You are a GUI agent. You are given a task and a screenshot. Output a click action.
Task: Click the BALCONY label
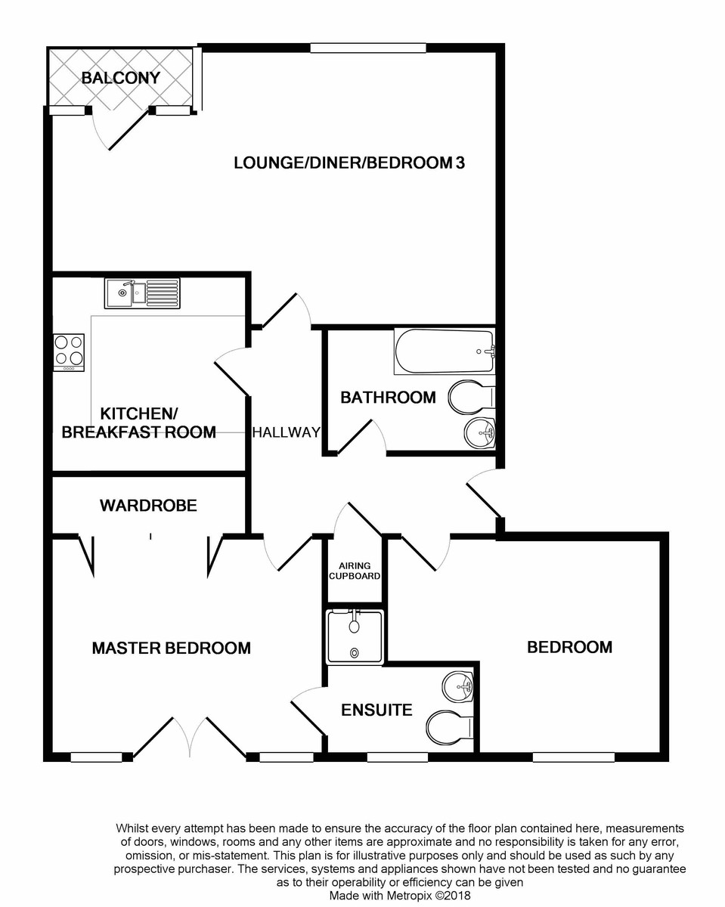[x=121, y=78]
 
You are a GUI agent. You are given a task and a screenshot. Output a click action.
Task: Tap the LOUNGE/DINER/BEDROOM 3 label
[x=348, y=163]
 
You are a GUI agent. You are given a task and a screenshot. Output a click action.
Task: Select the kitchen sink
[x=142, y=293]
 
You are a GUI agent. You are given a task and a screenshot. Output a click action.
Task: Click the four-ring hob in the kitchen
[x=69, y=351]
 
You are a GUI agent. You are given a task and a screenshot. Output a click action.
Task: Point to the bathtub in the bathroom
[x=444, y=351]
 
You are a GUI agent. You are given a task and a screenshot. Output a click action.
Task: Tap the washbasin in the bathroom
[x=479, y=432]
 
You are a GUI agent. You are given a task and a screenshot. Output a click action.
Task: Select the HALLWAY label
[x=286, y=432]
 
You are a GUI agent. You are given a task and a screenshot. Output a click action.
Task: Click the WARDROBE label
[x=148, y=506]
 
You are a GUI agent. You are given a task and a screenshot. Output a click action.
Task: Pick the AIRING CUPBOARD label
[x=354, y=571]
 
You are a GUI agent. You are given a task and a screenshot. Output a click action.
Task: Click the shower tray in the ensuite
[x=355, y=636]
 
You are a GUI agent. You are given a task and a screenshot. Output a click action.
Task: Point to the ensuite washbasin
[x=458, y=686]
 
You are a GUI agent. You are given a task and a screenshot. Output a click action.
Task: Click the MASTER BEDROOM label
[x=171, y=648]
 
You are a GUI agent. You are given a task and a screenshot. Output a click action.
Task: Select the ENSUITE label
[x=376, y=710]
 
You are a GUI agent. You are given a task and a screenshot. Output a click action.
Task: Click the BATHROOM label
[x=388, y=398]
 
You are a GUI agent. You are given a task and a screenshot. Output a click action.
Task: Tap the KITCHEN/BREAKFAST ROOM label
[x=138, y=423]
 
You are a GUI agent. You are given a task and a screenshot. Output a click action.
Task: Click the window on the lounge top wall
[x=368, y=48]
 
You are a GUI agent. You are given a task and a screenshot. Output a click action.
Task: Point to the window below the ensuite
[x=397, y=757]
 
